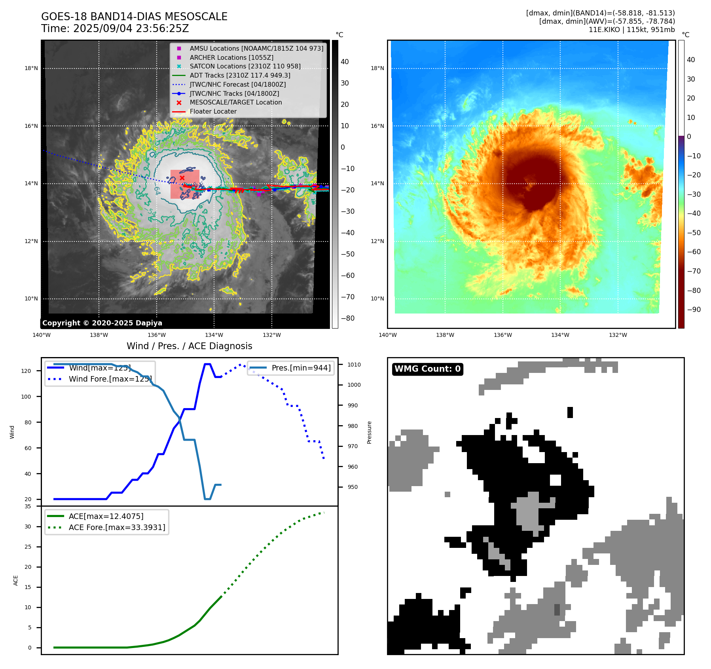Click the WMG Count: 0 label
[x=427, y=369]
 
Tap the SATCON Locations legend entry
[x=245, y=66]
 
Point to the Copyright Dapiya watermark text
[x=102, y=323]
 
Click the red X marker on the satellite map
[x=182, y=178]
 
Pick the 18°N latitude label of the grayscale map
[x=31, y=68]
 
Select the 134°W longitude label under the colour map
[x=560, y=335]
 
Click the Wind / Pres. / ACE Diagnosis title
[x=189, y=346]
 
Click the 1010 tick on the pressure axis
[x=354, y=365]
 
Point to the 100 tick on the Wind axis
[x=26, y=397]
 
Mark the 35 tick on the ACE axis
[x=28, y=506]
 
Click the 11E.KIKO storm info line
[x=631, y=30]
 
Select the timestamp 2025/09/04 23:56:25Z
[x=131, y=29]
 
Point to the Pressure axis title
[x=370, y=432]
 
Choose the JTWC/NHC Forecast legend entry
[x=237, y=84]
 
